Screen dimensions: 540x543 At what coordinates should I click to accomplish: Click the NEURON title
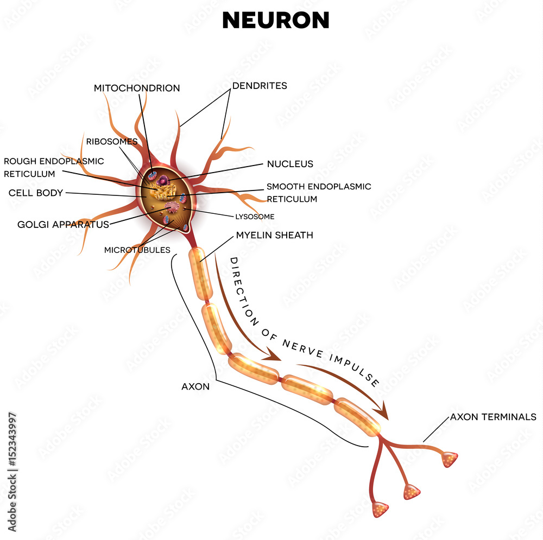click(x=275, y=20)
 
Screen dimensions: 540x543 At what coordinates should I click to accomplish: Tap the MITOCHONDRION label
click(x=136, y=88)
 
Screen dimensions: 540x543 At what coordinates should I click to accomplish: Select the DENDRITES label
click(x=260, y=86)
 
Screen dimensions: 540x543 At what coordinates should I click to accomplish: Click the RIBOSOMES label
click(x=111, y=141)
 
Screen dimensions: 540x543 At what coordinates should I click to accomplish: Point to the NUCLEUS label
click(x=289, y=163)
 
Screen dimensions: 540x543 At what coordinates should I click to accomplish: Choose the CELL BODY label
click(x=35, y=193)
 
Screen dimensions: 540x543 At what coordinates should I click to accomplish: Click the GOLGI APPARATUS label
click(x=63, y=224)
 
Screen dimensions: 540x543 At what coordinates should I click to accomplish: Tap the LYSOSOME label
click(x=254, y=217)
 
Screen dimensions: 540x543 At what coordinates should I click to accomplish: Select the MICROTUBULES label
click(x=137, y=250)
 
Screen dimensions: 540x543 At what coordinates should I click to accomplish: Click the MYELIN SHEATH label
click(x=274, y=235)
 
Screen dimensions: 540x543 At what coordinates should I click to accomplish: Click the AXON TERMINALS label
click(x=493, y=417)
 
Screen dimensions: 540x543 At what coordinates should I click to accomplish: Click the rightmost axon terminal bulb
click(x=450, y=459)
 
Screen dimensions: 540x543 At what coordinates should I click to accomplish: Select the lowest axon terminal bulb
click(x=380, y=509)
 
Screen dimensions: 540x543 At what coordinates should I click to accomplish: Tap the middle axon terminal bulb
click(x=412, y=492)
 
